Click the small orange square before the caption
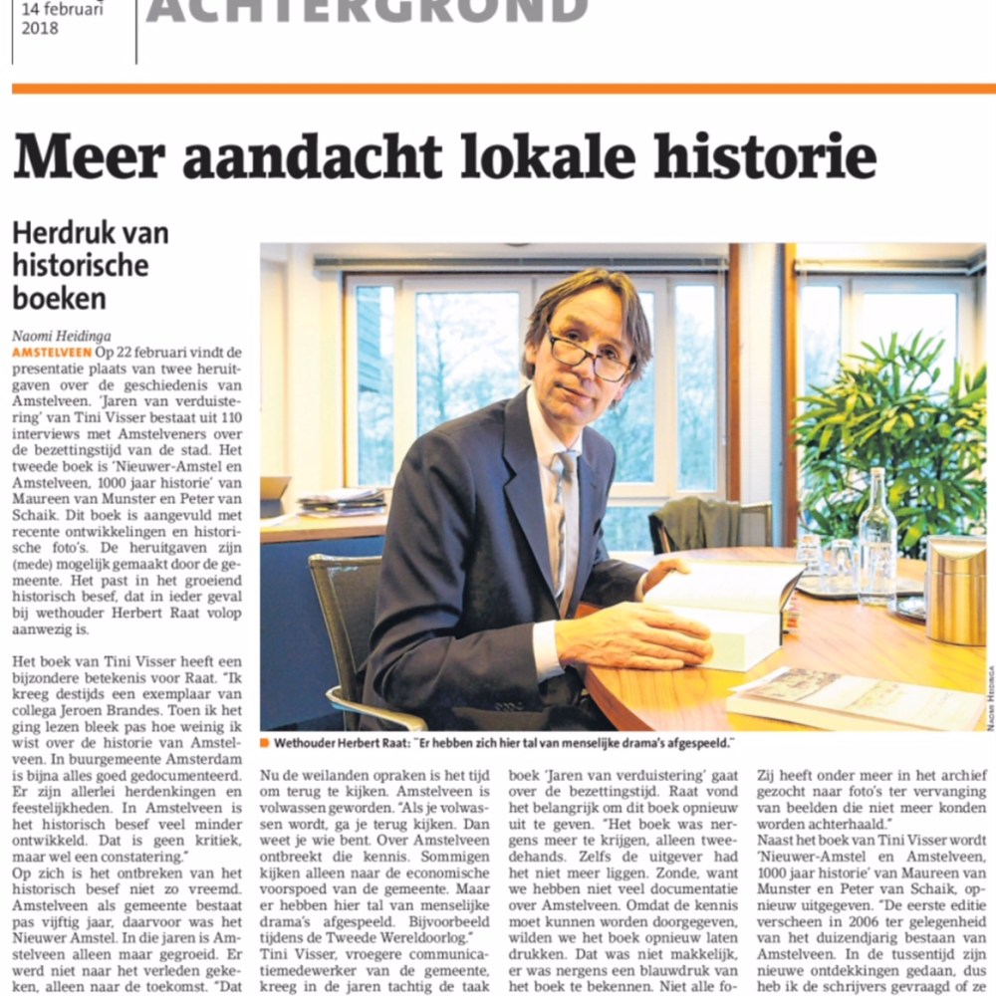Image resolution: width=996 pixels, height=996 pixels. click(x=265, y=743)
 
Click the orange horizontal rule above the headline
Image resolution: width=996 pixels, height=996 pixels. click(x=498, y=89)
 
